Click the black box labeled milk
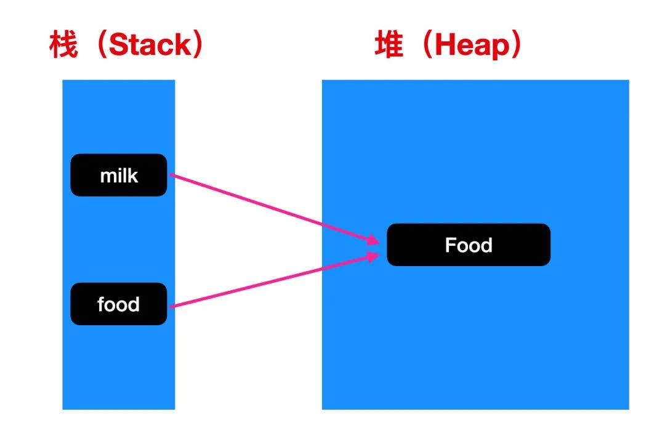point(119,175)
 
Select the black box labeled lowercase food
point(119,304)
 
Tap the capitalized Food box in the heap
point(469,245)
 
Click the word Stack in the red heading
point(151,44)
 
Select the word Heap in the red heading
point(472,46)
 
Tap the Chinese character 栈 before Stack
point(63,44)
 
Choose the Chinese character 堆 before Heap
point(389,44)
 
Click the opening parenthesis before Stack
point(102,44)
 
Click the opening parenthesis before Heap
point(427,44)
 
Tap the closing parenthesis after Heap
point(516,44)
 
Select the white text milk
point(119,176)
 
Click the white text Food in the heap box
point(469,245)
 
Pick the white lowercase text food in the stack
point(118,304)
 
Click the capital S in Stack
point(119,44)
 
